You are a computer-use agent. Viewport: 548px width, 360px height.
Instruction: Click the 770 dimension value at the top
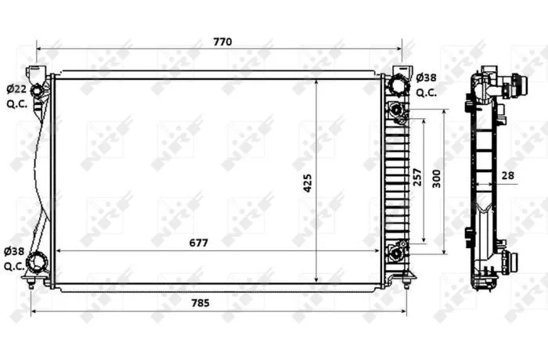point(222,42)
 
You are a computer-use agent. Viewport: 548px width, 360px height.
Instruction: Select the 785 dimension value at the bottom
point(200,303)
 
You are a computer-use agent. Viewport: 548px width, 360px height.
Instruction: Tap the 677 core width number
point(199,243)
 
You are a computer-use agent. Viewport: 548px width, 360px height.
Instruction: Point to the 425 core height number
point(307,183)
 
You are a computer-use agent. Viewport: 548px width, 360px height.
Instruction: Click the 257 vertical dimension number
point(417,177)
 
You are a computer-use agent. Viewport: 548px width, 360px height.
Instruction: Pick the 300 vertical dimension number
point(436,179)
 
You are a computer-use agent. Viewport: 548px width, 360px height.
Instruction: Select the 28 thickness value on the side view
point(508,175)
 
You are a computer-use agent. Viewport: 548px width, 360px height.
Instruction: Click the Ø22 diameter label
point(16,89)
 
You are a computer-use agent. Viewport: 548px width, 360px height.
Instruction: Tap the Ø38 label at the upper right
point(427,77)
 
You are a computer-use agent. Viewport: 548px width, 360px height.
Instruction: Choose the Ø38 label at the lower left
point(14,251)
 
